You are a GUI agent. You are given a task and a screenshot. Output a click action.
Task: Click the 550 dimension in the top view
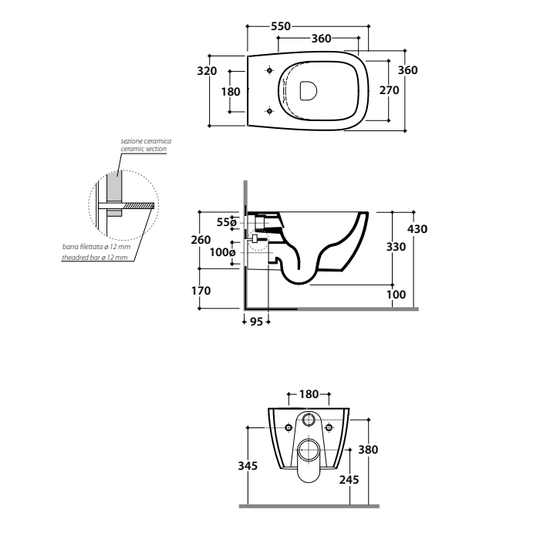pos(281,26)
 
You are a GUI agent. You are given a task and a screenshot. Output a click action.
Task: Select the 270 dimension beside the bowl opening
pos(389,90)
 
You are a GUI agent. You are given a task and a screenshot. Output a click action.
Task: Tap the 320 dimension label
pos(207,71)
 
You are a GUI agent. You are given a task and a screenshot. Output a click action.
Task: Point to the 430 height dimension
pos(417,229)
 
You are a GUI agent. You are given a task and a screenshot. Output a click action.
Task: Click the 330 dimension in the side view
pos(396,247)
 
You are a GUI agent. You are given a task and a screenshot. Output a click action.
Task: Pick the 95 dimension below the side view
pos(256,322)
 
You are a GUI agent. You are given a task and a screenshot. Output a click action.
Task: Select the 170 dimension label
pos(201,291)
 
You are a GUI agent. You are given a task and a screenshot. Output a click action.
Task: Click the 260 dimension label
pos(201,240)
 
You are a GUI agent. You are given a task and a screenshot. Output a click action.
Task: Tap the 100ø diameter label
pos(222,252)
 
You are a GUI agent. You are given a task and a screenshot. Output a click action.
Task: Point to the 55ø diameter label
pos(227,222)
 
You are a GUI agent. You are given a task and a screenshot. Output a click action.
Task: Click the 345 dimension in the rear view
pos(248,466)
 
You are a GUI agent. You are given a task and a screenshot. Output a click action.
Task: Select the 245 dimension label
pos(349,480)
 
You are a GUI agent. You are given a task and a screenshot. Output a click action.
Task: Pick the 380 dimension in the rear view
pos(368,450)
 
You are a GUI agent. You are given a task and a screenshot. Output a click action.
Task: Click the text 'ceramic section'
pos(143,149)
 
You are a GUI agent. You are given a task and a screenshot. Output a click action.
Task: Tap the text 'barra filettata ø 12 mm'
pos(96,247)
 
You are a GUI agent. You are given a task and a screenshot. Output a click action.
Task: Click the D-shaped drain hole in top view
pos(308,91)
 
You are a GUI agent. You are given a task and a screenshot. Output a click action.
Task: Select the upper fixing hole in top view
pos(270,71)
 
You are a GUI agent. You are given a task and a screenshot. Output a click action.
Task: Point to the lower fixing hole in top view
pos(270,111)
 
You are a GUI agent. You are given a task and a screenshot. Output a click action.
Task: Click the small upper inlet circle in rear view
pos(309,420)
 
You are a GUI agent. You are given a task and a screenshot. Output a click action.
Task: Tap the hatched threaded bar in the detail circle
pos(138,206)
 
